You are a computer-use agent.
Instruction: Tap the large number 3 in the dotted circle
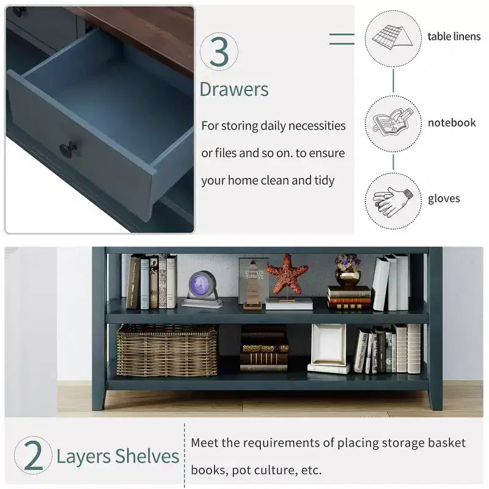click(x=219, y=51)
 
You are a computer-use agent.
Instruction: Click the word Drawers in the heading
click(x=234, y=89)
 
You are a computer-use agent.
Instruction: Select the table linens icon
click(x=392, y=39)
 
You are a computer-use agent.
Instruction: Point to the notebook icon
click(x=393, y=123)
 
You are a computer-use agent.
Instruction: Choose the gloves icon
click(x=393, y=201)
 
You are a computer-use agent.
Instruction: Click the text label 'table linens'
click(x=454, y=37)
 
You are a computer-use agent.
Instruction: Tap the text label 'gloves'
click(x=444, y=199)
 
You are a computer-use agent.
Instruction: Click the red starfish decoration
click(x=287, y=274)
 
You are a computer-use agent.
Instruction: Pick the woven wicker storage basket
click(x=167, y=350)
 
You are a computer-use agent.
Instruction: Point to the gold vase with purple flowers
click(x=348, y=271)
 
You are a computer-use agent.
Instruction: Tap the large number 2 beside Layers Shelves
click(x=33, y=455)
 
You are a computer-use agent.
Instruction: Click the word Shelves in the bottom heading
click(x=147, y=456)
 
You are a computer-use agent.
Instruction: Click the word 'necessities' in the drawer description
click(x=317, y=126)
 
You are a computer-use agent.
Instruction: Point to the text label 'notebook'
click(x=452, y=123)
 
